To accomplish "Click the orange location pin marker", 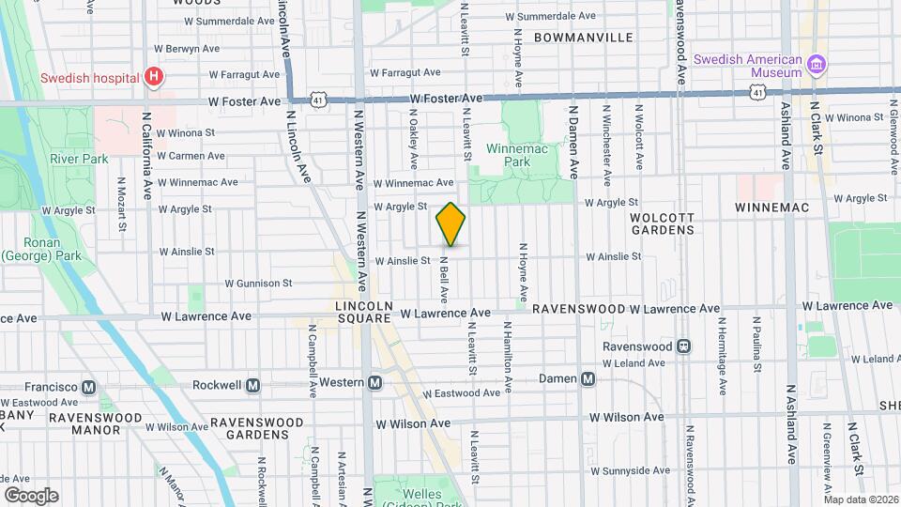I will tap(450, 224).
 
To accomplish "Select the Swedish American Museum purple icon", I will tap(817, 65).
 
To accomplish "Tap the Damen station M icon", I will tap(588, 379).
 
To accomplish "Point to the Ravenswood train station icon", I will tap(684, 346).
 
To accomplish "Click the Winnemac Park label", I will tap(508, 155).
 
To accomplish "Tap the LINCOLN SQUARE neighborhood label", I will tap(361, 313).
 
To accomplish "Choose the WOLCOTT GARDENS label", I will tap(662, 223).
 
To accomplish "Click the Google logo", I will tap(30, 495).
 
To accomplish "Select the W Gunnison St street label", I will tap(258, 283).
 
